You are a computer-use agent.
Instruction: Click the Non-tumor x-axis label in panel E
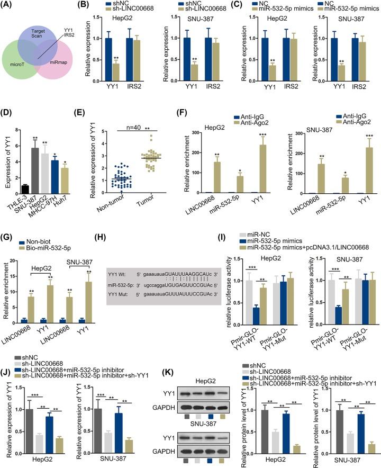click(115, 210)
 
